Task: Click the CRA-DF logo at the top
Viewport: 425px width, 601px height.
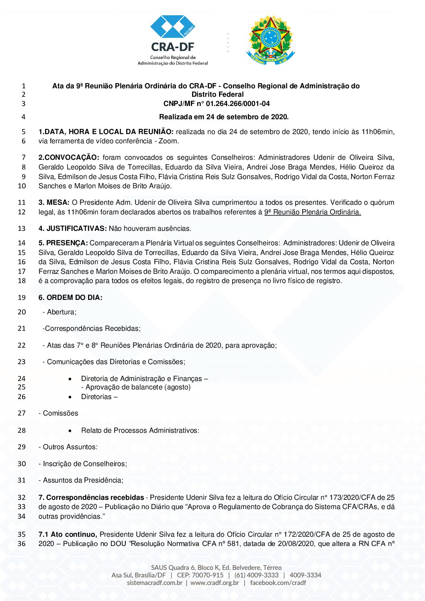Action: pos(173,40)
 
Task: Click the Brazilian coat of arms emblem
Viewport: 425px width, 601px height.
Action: pos(270,40)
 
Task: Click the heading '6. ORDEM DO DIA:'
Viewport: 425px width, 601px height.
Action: pos(70,297)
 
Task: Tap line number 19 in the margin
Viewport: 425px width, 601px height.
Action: pos(22,297)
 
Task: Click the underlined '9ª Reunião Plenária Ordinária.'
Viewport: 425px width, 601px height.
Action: pos(313,212)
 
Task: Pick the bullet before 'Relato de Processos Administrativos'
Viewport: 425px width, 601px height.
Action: pos(70,430)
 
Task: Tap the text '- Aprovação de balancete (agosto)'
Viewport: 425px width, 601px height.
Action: pos(136,387)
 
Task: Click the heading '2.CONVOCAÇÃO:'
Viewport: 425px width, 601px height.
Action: pos(69,157)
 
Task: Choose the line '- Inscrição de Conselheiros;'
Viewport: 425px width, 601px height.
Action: pos(83,464)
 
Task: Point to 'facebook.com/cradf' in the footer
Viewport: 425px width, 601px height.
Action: pos(278,583)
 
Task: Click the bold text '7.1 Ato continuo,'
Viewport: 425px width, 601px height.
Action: pos(67,534)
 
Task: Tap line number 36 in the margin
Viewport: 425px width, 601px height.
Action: pos(22,544)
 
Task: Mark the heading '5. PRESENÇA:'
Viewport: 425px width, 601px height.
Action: pos(63,243)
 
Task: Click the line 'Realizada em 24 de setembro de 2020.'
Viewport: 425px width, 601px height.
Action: pos(224,117)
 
